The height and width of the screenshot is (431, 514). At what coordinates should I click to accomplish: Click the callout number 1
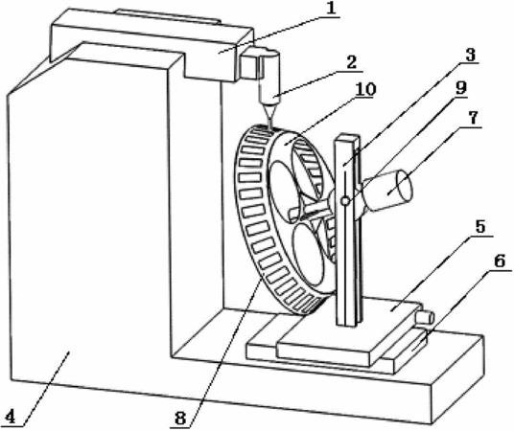pos(332,9)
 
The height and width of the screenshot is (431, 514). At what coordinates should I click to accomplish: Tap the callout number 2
pos(351,62)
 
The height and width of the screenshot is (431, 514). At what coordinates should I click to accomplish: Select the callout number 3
pos(471,55)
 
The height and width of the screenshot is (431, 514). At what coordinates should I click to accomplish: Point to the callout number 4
pos(11,417)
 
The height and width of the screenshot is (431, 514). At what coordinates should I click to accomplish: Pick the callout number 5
pos(480,227)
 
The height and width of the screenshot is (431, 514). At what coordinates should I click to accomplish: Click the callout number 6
pos(500,261)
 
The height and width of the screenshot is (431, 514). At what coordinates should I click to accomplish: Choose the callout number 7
pos(473,118)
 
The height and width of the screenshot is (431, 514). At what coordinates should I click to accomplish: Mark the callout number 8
pos(180,419)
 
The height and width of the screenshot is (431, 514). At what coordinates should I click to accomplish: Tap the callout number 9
pos(461,88)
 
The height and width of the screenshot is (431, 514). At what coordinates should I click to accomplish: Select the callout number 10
pos(365,89)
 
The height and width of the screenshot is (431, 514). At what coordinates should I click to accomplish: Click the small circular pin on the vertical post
pos(345,201)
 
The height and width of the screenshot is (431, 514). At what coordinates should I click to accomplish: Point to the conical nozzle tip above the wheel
pos(269,115)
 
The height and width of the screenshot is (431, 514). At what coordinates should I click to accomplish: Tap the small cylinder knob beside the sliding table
pos(425,318)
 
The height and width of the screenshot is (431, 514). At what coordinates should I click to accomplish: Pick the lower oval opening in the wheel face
pos(308,257)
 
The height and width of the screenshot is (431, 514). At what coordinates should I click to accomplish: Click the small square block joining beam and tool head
pos(248,66)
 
